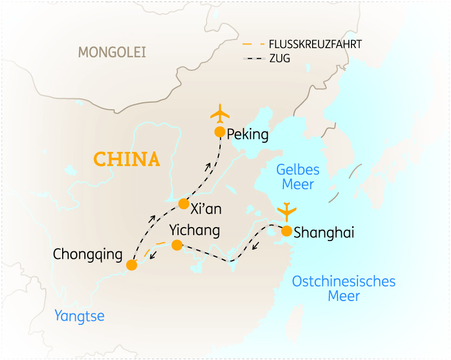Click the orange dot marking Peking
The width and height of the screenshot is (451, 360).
click(x=220, y=132)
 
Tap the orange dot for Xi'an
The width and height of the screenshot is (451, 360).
click(x=184, y=204)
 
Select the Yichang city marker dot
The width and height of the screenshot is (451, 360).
click(x=176, y=245)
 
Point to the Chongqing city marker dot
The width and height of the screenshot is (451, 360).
click(x=131, y=265)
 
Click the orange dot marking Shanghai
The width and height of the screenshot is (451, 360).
click(x=287, y=231)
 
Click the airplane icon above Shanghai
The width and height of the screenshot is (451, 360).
click(x=287, y=210)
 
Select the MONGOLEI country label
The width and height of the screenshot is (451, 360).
click(x=112, y=52)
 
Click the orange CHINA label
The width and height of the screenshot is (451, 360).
click(x=127, y=159)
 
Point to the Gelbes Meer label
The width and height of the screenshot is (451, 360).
click(x=298, y=177)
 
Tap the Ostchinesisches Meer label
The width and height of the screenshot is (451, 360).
click(x=344, y=289)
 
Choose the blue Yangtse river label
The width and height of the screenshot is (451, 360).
click(x=79, y=316)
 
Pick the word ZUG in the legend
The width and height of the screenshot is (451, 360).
click(x=280, y=58)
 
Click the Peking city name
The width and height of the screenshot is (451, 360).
click(x=248, y=134)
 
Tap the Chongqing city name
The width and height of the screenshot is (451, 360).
click(x=88, y=254)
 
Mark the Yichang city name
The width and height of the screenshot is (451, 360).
click(x=195, y=230)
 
